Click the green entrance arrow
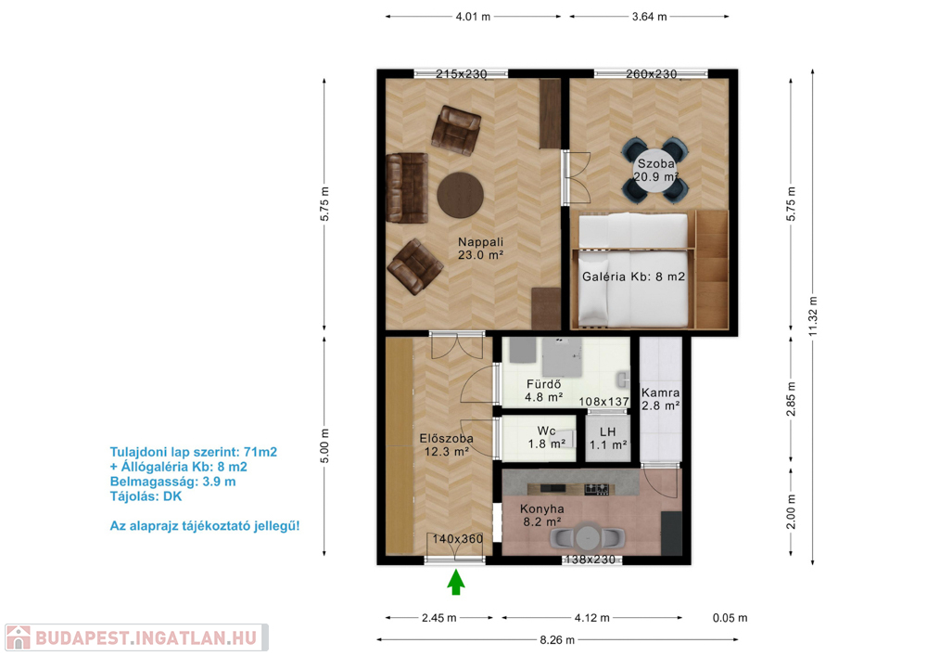pyautogui.click(x=456, y=582)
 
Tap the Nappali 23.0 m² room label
pyautogui.click(x=480, y=249)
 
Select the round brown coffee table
pyautogui.click(x=461, y=195)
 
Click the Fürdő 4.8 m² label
pyautogui.click(x=544, y=391)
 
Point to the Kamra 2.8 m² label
pyautogui.click(x=660, y=399)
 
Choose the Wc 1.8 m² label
pyautogui.click(x=547, y=437)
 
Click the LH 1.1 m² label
pyautogui.click(x=608, y=438)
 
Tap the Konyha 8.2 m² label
pyautogui.click(x=542, y=515)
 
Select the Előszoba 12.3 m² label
pyautogui.click(x=447, y=444)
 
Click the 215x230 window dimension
pyautogui.click(x=461, y=74)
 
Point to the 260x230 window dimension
pyautogui.click(x=652, y=74)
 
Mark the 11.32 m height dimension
pyautogui.click(x=813, y=316)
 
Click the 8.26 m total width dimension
pyautogui.click(x=557, y=639)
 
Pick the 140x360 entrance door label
pyautogui.click(x=458, y=539)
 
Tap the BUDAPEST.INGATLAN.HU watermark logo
pyautogui.click(x=136, y=637)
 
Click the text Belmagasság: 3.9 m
pyautogui.click(x=172, y=482)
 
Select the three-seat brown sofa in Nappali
pyautogui.click(x=407, y=187)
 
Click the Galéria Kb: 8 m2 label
pyautogui.click(x=634, y=277)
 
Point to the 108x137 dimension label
pyautogui.click(x=603, y=402)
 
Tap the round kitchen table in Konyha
pyautogui.click(x=588, y=537)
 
